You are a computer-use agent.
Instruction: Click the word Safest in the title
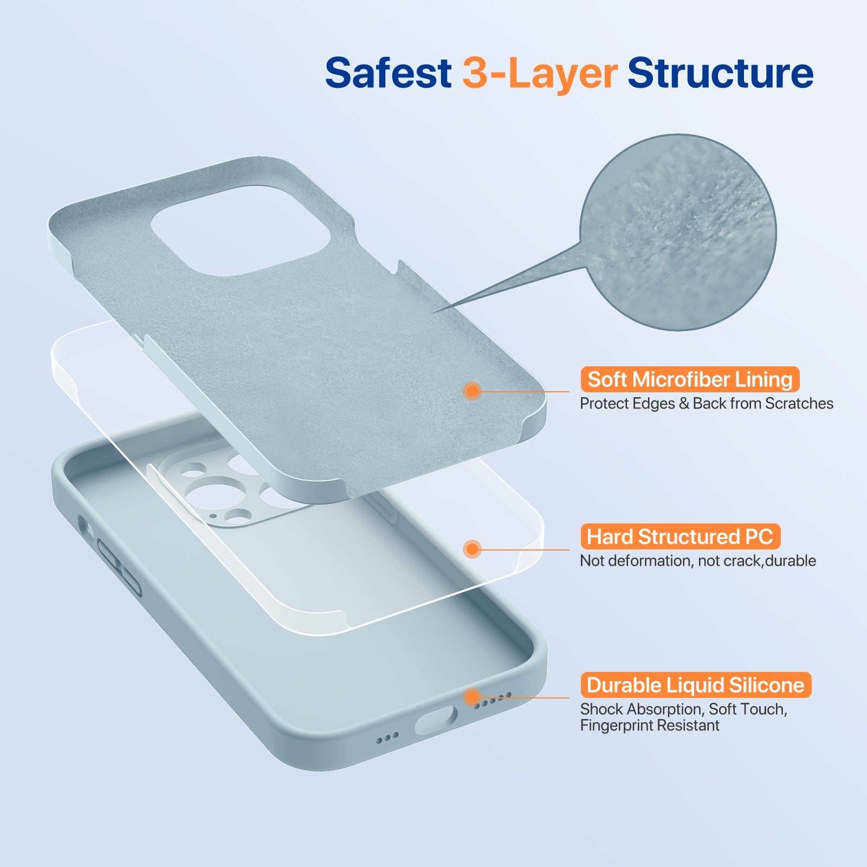(388, 73)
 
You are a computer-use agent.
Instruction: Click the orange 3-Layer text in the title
(540, 73)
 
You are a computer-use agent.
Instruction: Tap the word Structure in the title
(720, 73)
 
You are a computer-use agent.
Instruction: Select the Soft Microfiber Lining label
(690, 379)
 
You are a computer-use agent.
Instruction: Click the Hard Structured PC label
(680, 536)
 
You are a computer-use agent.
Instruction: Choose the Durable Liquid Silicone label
(695, 685)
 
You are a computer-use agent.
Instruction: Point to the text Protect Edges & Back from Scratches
(706, 404)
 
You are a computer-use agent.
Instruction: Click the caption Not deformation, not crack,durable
(697, 561)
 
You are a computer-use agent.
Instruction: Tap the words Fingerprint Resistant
(649, 726)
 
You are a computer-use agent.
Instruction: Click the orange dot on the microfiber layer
(473, 391)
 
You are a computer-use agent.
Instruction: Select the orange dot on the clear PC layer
(473, 549)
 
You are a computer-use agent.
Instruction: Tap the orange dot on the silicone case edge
(473, 697)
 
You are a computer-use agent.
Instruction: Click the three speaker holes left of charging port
(387, 737)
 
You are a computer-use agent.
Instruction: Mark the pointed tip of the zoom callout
(433, 313)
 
